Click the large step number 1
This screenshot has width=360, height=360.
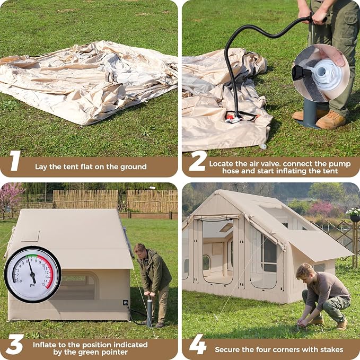tap(15, 161)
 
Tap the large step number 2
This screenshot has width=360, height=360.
tap(198, 161)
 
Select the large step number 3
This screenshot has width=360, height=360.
tap(15, 345)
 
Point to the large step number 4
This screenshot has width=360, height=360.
tap(198, 345)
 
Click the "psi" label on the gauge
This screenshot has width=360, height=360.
tap(32, 285)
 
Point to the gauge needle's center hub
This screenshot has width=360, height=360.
tap(32, 274)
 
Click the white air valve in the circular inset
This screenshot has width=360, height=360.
tap(327, 75)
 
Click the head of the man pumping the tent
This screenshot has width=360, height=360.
tap(140, 250)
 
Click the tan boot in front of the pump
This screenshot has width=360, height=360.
tap(330, 120)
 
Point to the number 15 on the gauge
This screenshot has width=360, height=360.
tap(43, 285)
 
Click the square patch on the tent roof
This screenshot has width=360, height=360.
tap(30, 236)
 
